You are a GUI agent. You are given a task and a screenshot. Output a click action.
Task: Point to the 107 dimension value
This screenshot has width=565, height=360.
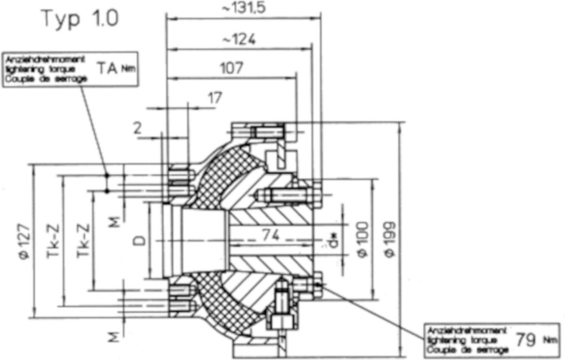tap(231, 69)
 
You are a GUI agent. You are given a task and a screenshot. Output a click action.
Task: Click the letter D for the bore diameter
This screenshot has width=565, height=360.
tap(140, 241)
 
